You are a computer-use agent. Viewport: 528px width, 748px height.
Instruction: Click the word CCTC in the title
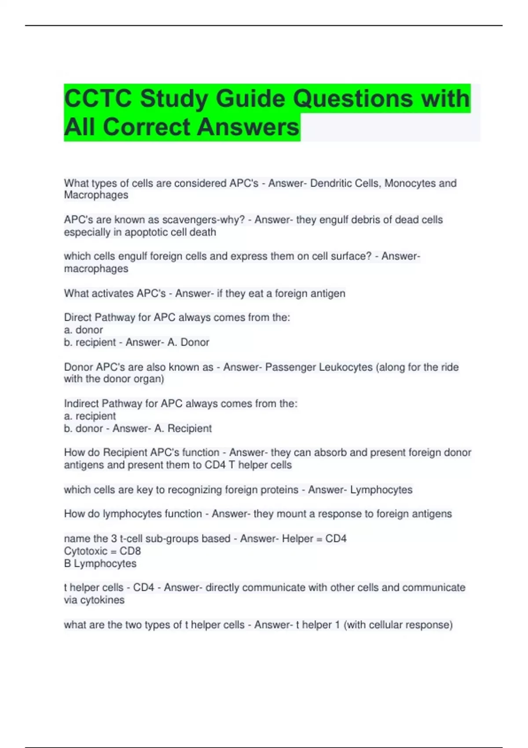(98, 98)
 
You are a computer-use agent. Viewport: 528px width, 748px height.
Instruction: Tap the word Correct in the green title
(147, 127)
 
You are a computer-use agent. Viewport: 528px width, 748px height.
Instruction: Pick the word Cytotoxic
(85, 551)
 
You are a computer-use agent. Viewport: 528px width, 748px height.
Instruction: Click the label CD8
(130, 551)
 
